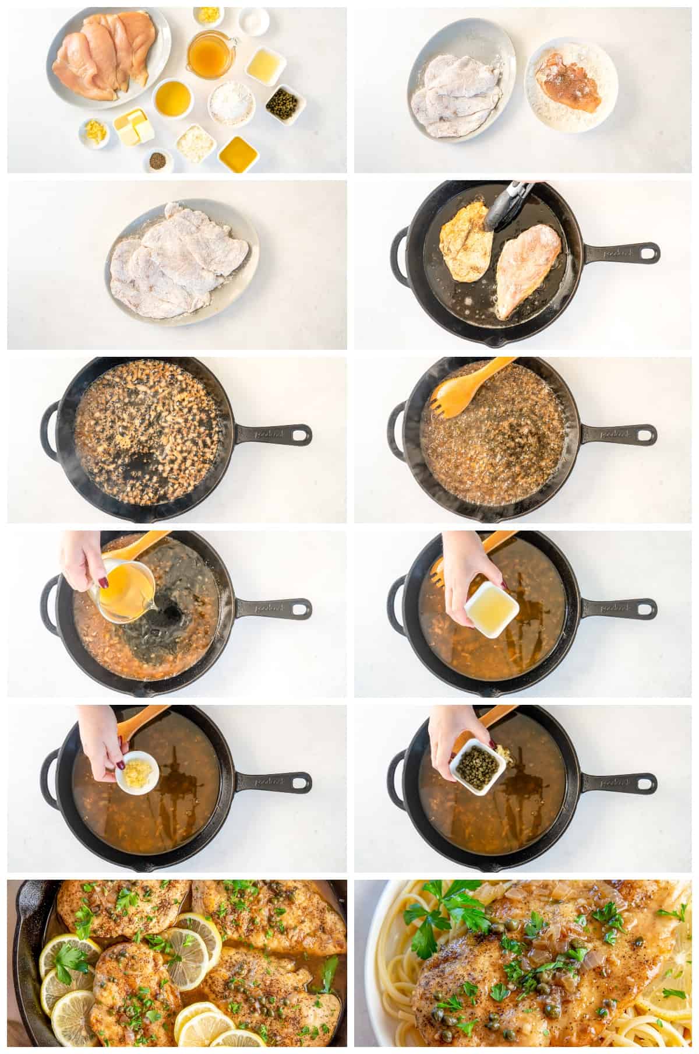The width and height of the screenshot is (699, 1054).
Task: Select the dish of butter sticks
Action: (133, 127)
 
